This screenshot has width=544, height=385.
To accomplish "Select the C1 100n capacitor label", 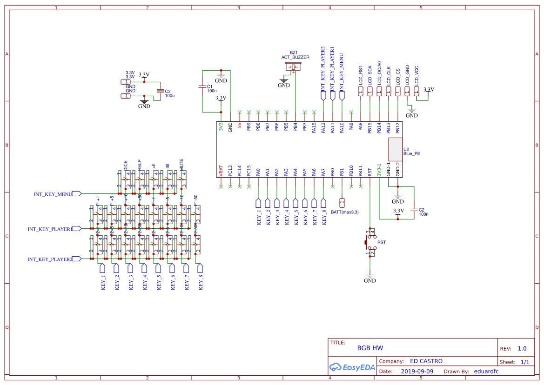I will pos(210,88).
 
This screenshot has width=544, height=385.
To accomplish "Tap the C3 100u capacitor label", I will pos(169,93).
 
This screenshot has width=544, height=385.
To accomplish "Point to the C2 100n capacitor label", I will pos(423,212).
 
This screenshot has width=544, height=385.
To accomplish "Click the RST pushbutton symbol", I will pos(370,242).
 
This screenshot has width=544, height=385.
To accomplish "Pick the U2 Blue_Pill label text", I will pos(412,151).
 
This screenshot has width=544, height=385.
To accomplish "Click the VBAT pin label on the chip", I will pos(221,171).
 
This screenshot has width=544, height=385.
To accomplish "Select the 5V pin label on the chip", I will pos(240,126).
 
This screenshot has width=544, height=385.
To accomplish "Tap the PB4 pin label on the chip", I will pos(296,126).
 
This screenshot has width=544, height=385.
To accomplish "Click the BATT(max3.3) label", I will pos(345,212).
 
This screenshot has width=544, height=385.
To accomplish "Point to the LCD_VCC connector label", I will pos(416,75).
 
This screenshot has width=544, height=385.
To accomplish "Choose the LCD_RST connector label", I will pos(361,75).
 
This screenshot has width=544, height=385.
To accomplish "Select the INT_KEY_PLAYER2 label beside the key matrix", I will pos(50,259).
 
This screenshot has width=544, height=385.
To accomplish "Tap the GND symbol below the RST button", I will pos(370,279).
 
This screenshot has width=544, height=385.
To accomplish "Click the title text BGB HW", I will pos(370,348).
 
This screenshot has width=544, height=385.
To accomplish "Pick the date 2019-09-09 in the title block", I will pos(417,372).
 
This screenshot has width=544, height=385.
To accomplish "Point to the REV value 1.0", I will pos(522,348).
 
